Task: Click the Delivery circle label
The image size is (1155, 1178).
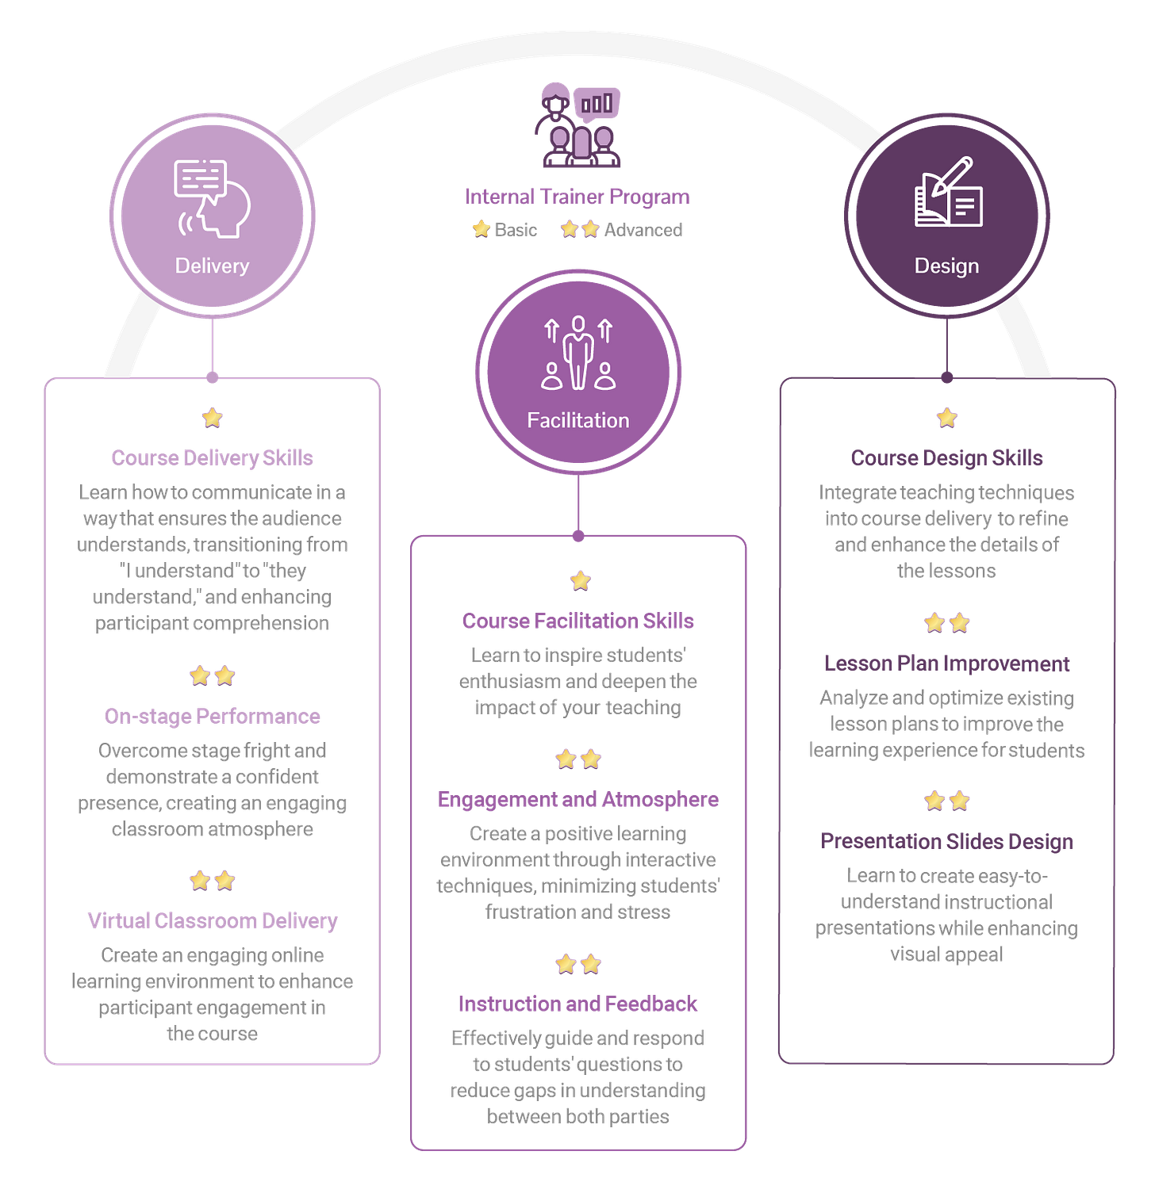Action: coord(212,266)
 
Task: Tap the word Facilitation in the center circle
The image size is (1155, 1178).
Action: coord(577,420)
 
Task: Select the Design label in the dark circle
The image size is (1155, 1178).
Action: coord(946,266)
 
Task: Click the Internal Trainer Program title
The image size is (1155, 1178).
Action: coord(577,197)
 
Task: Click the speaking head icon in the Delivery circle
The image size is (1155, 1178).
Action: coord(212,198)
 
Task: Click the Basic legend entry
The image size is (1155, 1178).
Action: coord(505,230)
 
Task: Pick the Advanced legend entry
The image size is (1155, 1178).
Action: coord(622,230)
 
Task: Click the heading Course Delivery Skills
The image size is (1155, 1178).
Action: coord(212,457)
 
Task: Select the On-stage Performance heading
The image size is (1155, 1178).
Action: coord(213,716)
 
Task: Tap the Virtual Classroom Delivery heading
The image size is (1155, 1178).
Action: coord(212,920)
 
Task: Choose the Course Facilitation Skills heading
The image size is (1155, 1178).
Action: coord(577,621)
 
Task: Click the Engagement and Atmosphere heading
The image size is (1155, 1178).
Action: coord(577,800)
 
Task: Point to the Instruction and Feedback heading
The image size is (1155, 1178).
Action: coord(577,1004)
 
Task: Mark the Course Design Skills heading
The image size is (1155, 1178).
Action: coord(946,457)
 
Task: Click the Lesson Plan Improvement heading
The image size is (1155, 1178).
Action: coord(946,663)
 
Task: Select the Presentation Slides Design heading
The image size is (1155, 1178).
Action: coord(946,840)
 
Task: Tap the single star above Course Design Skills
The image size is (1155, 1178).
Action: coord(946,417)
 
